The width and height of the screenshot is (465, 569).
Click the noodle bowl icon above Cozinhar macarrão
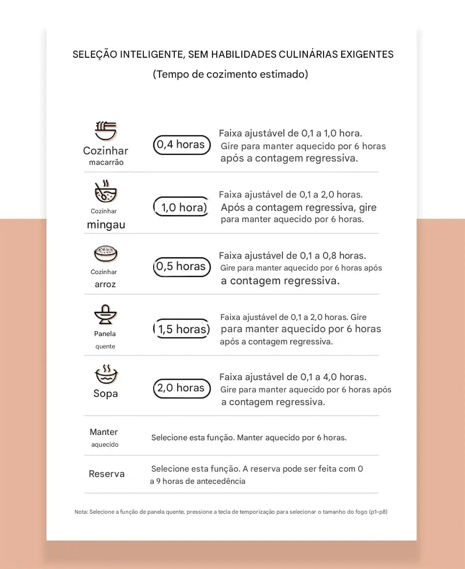click(106, 131)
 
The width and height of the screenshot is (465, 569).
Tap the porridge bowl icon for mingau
click(106, 192)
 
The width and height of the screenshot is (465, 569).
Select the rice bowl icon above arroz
click(106, 253)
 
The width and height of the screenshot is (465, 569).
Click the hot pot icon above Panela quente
click(106, 315)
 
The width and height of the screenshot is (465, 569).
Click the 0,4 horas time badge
click(182, 145)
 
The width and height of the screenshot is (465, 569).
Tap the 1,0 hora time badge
click(182, 207)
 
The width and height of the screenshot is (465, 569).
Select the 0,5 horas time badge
click(182, 267)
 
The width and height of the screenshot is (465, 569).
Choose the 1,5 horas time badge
click(182, 329)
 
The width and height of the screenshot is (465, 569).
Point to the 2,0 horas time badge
click(182, 388)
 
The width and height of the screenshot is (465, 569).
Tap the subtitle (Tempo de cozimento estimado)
click(231, 74)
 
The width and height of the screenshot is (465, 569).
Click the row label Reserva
click(107, 474)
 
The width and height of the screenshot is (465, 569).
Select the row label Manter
click(104, 432)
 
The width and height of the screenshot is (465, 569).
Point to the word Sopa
click(106, 394)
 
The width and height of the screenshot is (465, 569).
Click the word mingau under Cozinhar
click(106, 225)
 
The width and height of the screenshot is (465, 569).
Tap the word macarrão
click(106, 162)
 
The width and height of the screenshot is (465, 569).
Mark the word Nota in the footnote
click(81, 512)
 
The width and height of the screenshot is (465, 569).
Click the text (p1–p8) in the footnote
click(378, 512)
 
